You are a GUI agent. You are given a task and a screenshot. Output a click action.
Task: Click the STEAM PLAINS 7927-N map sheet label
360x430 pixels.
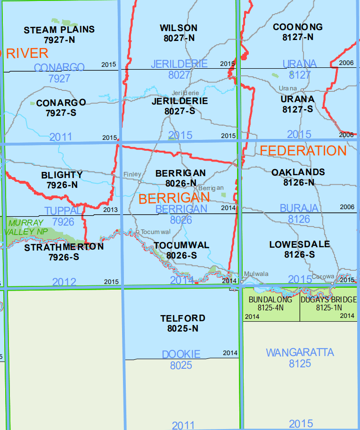pos(59,34)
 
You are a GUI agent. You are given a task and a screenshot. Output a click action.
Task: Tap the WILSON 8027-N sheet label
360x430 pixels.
pos(178,33)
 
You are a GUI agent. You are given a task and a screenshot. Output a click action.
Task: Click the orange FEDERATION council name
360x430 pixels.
pos(303,151)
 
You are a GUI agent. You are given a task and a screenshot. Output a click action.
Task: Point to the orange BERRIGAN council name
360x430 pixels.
pos(174,198)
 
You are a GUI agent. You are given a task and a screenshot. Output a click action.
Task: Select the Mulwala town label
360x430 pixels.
pos(255,274)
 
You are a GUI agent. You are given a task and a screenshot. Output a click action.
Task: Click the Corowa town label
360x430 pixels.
pos(323,276)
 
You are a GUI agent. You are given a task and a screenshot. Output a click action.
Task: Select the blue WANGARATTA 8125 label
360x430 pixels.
pos(300,357)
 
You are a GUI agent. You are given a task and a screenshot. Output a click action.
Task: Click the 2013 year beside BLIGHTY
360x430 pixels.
pos(109,210)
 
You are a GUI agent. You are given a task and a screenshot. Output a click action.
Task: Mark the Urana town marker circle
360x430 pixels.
pos(302,89)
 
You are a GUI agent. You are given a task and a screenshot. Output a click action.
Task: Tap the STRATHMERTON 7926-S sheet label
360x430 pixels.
pos(64,252)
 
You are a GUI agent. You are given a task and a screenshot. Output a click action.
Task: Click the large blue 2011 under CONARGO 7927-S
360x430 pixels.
pos(60,137)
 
